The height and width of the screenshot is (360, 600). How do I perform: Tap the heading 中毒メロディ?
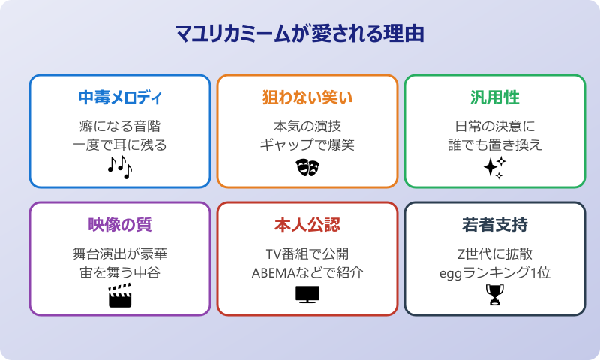coord(120,98)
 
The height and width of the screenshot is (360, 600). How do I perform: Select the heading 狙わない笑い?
coord(307,98)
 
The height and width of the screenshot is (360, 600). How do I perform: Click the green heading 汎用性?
coord(494,98)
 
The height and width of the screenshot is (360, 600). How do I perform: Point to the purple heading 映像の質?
coord(120,225)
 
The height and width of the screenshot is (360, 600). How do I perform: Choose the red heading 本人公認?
coord(307,225)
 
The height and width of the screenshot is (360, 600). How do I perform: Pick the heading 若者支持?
coord(494,225)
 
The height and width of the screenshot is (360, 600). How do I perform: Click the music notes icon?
coord(120,167)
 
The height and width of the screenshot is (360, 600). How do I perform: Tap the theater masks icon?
coord(307,167)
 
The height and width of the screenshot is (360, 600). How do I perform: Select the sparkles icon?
coord(494,167)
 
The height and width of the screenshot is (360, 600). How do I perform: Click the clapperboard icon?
coord(120,295)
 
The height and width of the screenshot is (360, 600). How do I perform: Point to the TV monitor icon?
coord(307,295)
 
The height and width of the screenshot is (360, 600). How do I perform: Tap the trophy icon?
coord(494,295)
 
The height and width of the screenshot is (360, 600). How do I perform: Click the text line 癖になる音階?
coord(120,125)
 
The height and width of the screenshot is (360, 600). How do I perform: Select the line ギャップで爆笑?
coord(307,145)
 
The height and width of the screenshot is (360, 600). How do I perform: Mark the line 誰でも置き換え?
coord(494,145)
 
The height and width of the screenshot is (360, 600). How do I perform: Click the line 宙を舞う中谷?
coord(120,272)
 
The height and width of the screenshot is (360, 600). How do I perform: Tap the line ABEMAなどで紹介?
coord(307,272)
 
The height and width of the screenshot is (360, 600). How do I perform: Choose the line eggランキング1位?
coord(494,272)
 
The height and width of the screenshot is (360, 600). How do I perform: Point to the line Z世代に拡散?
coord(494,253)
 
